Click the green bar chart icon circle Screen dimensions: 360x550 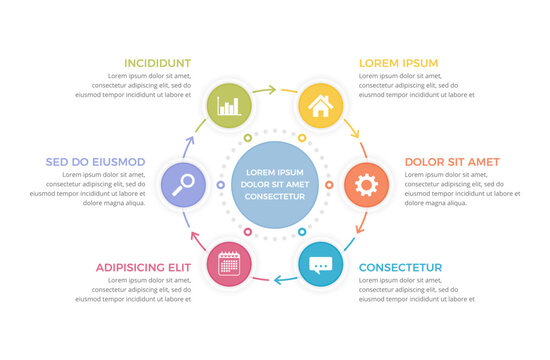click(229, 104)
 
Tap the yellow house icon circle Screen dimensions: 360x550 click(320, 104)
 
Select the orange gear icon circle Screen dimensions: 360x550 click(366, 184)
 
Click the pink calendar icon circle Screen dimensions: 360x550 click(229, 264)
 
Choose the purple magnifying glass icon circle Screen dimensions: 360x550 click(183, 184)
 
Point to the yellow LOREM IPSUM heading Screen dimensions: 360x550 click(398, 63)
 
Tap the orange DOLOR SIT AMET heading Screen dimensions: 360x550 click(452, 161)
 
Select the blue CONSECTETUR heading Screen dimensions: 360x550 click(400, 268)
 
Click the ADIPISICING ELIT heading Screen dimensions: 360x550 click(143, 268)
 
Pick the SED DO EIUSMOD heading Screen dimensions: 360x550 click(96, 161)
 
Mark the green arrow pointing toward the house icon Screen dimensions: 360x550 click(265, 90)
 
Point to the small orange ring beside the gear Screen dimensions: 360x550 click(328, 184)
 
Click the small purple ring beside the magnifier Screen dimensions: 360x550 click(220, 184)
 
